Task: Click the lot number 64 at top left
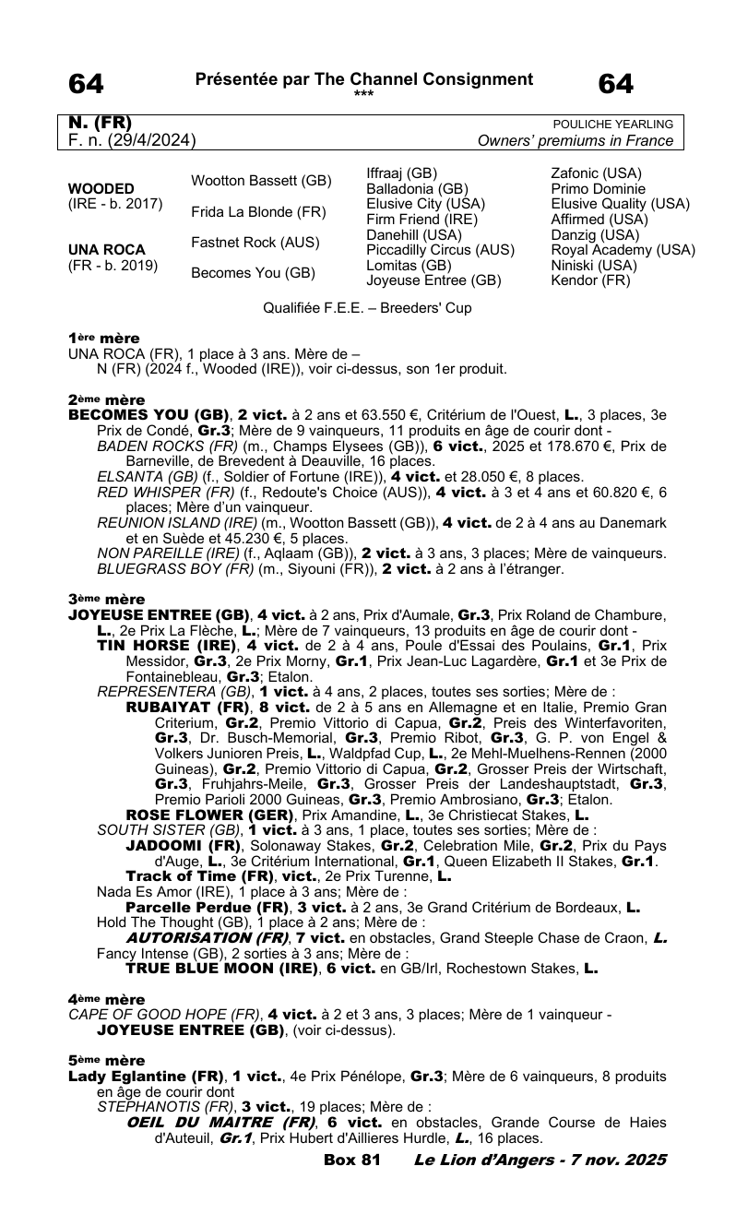tap(87, 84)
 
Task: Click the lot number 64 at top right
tap(616, 84)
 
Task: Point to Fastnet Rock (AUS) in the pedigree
tap(255, 242)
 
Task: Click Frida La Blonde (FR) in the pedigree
tap(258, 211)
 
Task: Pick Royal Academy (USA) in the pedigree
tap(623, 250)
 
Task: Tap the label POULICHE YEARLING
tap(612, 125)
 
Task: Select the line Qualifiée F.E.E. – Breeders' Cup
tap(368, 308)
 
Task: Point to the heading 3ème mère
tap(105, 598)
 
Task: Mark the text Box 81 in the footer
tap(352, 1159)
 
